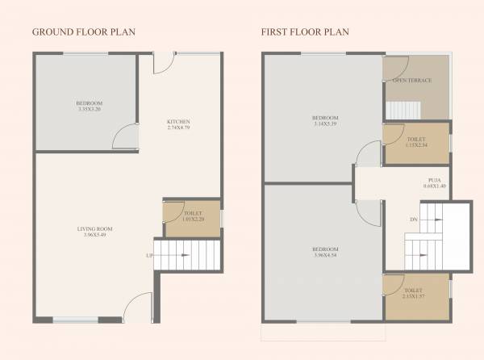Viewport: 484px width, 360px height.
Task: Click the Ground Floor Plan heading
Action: (83, 32)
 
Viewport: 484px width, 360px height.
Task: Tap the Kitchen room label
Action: (177, 122)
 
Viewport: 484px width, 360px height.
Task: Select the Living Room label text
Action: (93, 228)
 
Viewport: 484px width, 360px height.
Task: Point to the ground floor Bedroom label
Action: (89, 103)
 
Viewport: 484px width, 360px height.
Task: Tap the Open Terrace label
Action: (411, 81)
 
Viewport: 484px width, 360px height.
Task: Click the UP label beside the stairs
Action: (148, 256)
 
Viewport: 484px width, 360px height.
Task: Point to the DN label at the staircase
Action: (413, 219)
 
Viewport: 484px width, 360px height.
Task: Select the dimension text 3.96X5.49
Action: (93, 235)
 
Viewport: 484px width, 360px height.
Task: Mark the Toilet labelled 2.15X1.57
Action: (413, 292)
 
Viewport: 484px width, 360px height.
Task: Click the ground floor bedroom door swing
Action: (124, 137)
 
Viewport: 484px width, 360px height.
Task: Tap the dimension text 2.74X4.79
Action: (177, 128)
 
